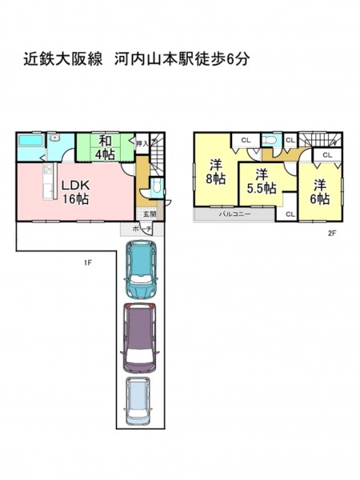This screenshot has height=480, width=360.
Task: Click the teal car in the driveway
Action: tap(141, 270)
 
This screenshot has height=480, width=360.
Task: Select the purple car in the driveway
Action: tap(139, 338)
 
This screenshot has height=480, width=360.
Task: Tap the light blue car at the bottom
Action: tap(138, 402)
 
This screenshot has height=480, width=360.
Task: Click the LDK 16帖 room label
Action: tap(76, 192)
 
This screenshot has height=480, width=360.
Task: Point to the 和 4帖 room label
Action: tap(105, 148)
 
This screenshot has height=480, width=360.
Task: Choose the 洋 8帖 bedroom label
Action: tap(216, 172)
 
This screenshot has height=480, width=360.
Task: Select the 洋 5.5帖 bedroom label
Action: tap(262, 182)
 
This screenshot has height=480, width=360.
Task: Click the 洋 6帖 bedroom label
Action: tap(320, 192)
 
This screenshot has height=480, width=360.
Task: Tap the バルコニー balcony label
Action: tap(234, 214)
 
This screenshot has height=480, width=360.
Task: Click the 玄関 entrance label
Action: tap(150, 214)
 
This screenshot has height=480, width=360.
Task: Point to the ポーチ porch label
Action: tap(142, 229)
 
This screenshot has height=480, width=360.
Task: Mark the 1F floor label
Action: tap(88, 262)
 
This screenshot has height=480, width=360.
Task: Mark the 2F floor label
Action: tap(332, 234)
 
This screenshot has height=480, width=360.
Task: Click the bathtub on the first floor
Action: tap(31, 141)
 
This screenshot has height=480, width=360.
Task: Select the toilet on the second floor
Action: tap(270, 140)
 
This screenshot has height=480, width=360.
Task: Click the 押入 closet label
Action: tap(142, 143)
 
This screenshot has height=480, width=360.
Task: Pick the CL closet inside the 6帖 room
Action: tap(327, 155)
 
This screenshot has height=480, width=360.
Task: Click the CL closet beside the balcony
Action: tap(290, 214)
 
